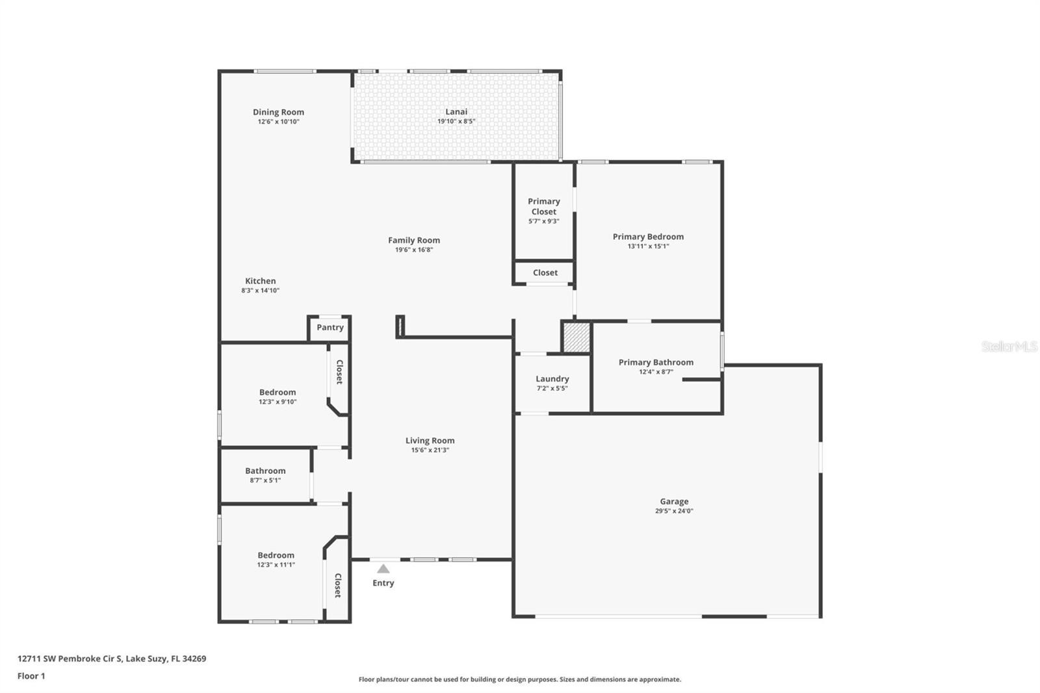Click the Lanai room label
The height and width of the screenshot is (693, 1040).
coord(456,112)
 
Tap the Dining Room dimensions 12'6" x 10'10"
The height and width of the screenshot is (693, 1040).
coord(278,122)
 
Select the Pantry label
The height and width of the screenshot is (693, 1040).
coord(330,328)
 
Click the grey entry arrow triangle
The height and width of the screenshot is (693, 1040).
coord(383,569)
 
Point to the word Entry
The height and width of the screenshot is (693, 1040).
coord(383,583)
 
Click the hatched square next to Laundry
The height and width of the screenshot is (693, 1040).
coord(576,338)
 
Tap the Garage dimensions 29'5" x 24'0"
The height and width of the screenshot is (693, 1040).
coord(674,511)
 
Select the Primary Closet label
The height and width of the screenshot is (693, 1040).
coord(544,206)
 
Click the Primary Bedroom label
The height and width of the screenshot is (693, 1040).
coord(648,237)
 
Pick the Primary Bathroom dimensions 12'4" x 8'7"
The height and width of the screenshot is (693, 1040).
coord(656,372)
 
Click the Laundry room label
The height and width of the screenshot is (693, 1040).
coord(552,379)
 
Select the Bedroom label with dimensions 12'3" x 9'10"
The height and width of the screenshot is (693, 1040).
coord(278,393)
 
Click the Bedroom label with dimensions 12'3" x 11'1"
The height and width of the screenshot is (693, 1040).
coord(276,556)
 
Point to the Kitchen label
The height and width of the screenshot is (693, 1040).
coord(261,281)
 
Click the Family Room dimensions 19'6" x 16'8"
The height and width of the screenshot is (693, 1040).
coord(414,250)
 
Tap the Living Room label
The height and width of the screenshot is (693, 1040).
coord(430,441)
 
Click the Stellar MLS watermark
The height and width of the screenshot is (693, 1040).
coord(1009,346)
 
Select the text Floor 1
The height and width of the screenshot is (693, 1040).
coord(31,676)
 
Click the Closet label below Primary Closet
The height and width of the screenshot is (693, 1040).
coord(545,273)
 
